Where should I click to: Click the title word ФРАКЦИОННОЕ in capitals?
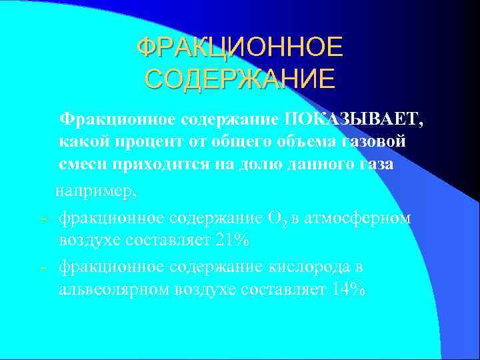pyautogui.click(x=240, y=48)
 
